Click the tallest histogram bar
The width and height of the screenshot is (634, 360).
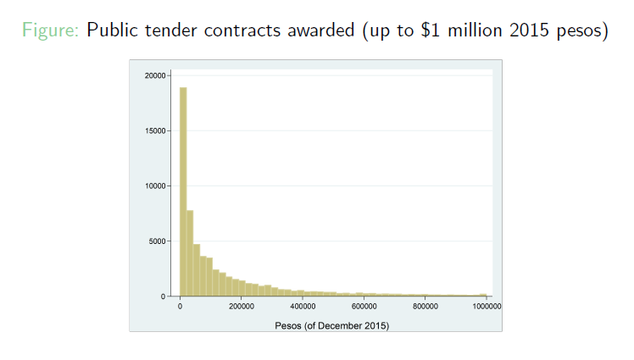183,191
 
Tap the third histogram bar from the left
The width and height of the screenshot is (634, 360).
197,270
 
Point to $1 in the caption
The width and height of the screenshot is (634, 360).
430,30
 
